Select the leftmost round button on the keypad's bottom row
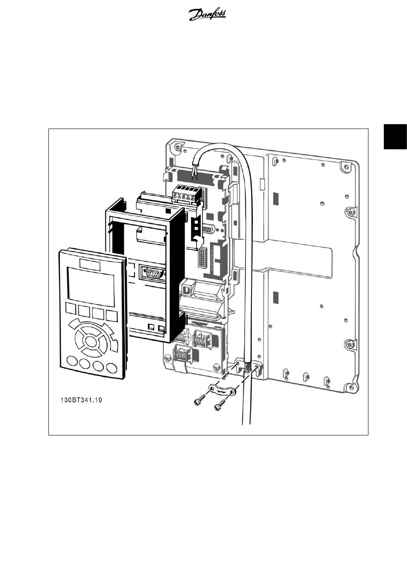coord(72,363)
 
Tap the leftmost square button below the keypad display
coord(71,309)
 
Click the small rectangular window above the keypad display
coord(88,264)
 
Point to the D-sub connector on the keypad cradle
coord(153,273)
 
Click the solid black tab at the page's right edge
coord(395,137)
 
